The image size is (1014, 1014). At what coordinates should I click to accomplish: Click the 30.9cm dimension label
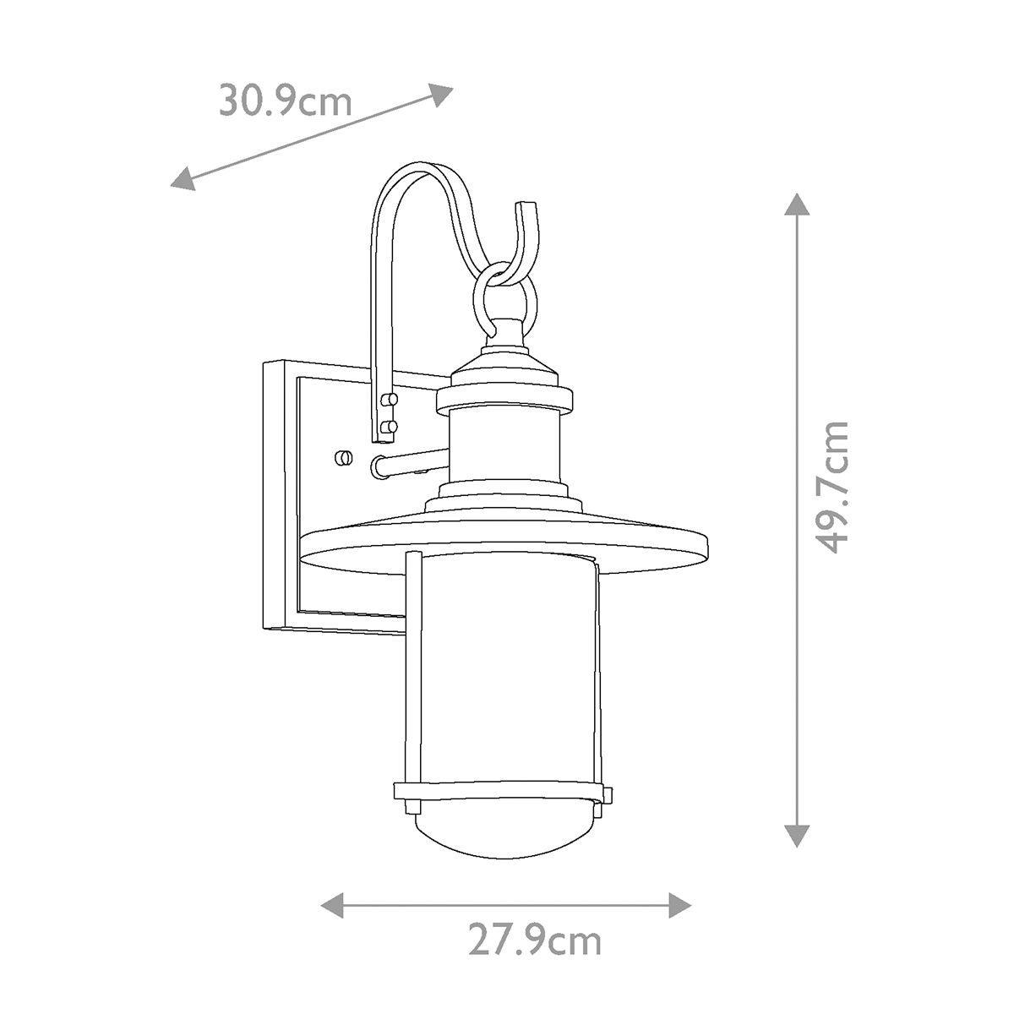(x=286, y=101)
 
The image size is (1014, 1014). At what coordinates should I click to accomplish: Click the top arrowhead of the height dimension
(x=793, y=205)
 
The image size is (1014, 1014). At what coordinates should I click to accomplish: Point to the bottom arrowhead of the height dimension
(x=793, y=834)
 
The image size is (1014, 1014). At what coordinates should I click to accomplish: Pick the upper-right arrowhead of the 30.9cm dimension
(x=441, y=93)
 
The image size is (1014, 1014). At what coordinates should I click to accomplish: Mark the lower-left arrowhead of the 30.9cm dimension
(x=183, y=180)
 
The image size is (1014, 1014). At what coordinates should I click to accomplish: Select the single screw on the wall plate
(x=343, y=458)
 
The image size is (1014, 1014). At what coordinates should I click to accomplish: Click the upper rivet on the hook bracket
(x=389, y=398)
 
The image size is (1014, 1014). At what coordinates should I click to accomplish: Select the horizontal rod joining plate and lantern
(x=410, y=462)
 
